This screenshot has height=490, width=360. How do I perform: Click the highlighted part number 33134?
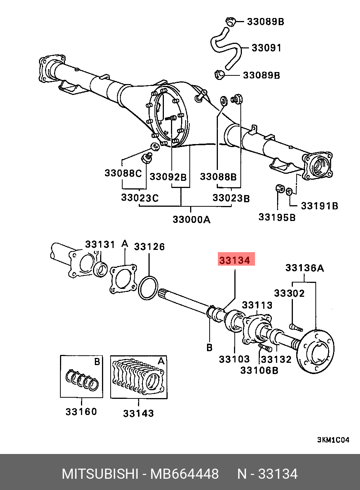235,260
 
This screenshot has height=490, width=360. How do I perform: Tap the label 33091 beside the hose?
266,48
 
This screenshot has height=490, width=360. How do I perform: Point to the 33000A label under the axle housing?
191,219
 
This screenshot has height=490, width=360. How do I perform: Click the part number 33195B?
277,217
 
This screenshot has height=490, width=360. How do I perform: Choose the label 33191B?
320,206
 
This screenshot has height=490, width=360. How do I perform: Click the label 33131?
100,245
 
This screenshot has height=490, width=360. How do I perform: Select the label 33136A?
305,268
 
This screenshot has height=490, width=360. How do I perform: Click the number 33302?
289,293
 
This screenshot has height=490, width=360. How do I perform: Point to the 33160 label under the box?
81,412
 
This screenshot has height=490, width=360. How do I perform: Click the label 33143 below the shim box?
138,413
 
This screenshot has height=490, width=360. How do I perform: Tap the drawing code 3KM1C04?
333,440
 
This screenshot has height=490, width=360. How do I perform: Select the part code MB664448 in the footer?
184,474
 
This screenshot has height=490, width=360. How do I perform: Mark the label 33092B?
168,177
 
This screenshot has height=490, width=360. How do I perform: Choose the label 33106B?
259,370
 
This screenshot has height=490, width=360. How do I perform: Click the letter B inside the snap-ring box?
97,362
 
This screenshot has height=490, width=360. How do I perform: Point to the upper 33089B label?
265,22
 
